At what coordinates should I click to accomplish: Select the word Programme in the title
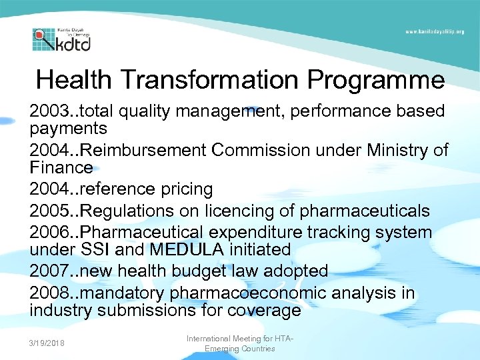click(376, 80)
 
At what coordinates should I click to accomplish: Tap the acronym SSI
click(99, 249)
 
